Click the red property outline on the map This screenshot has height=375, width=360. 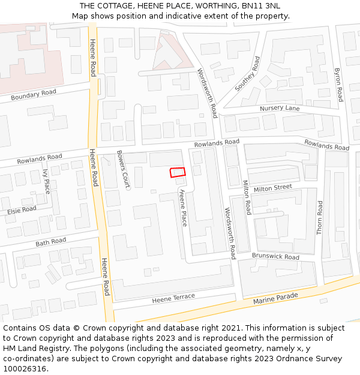tap(177, 172)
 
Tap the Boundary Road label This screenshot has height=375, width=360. tap(34, 94)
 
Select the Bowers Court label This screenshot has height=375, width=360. tap(123, 170)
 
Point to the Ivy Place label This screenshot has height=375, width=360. tap(47, 181)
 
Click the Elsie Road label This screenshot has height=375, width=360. tap(22, 211)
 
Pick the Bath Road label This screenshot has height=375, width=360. tap(50, 242)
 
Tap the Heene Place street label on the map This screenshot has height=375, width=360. tap(183, 208)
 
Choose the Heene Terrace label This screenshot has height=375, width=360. tap(173, 298)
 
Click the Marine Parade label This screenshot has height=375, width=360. tap(275, 298)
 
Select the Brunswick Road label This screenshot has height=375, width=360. tap(275, 257)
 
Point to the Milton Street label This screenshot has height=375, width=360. tap(272, 188)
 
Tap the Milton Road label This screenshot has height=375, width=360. tap(247, 197)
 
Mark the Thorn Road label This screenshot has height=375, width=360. tap(320, 217)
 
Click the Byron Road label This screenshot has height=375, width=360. tap(338, 85)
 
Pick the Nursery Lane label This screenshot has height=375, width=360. tap(280, 109)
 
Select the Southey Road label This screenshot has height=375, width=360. tap(247, 74)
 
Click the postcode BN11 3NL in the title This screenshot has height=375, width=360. tap(259, 6)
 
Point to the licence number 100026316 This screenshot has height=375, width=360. tap(25, 368)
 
